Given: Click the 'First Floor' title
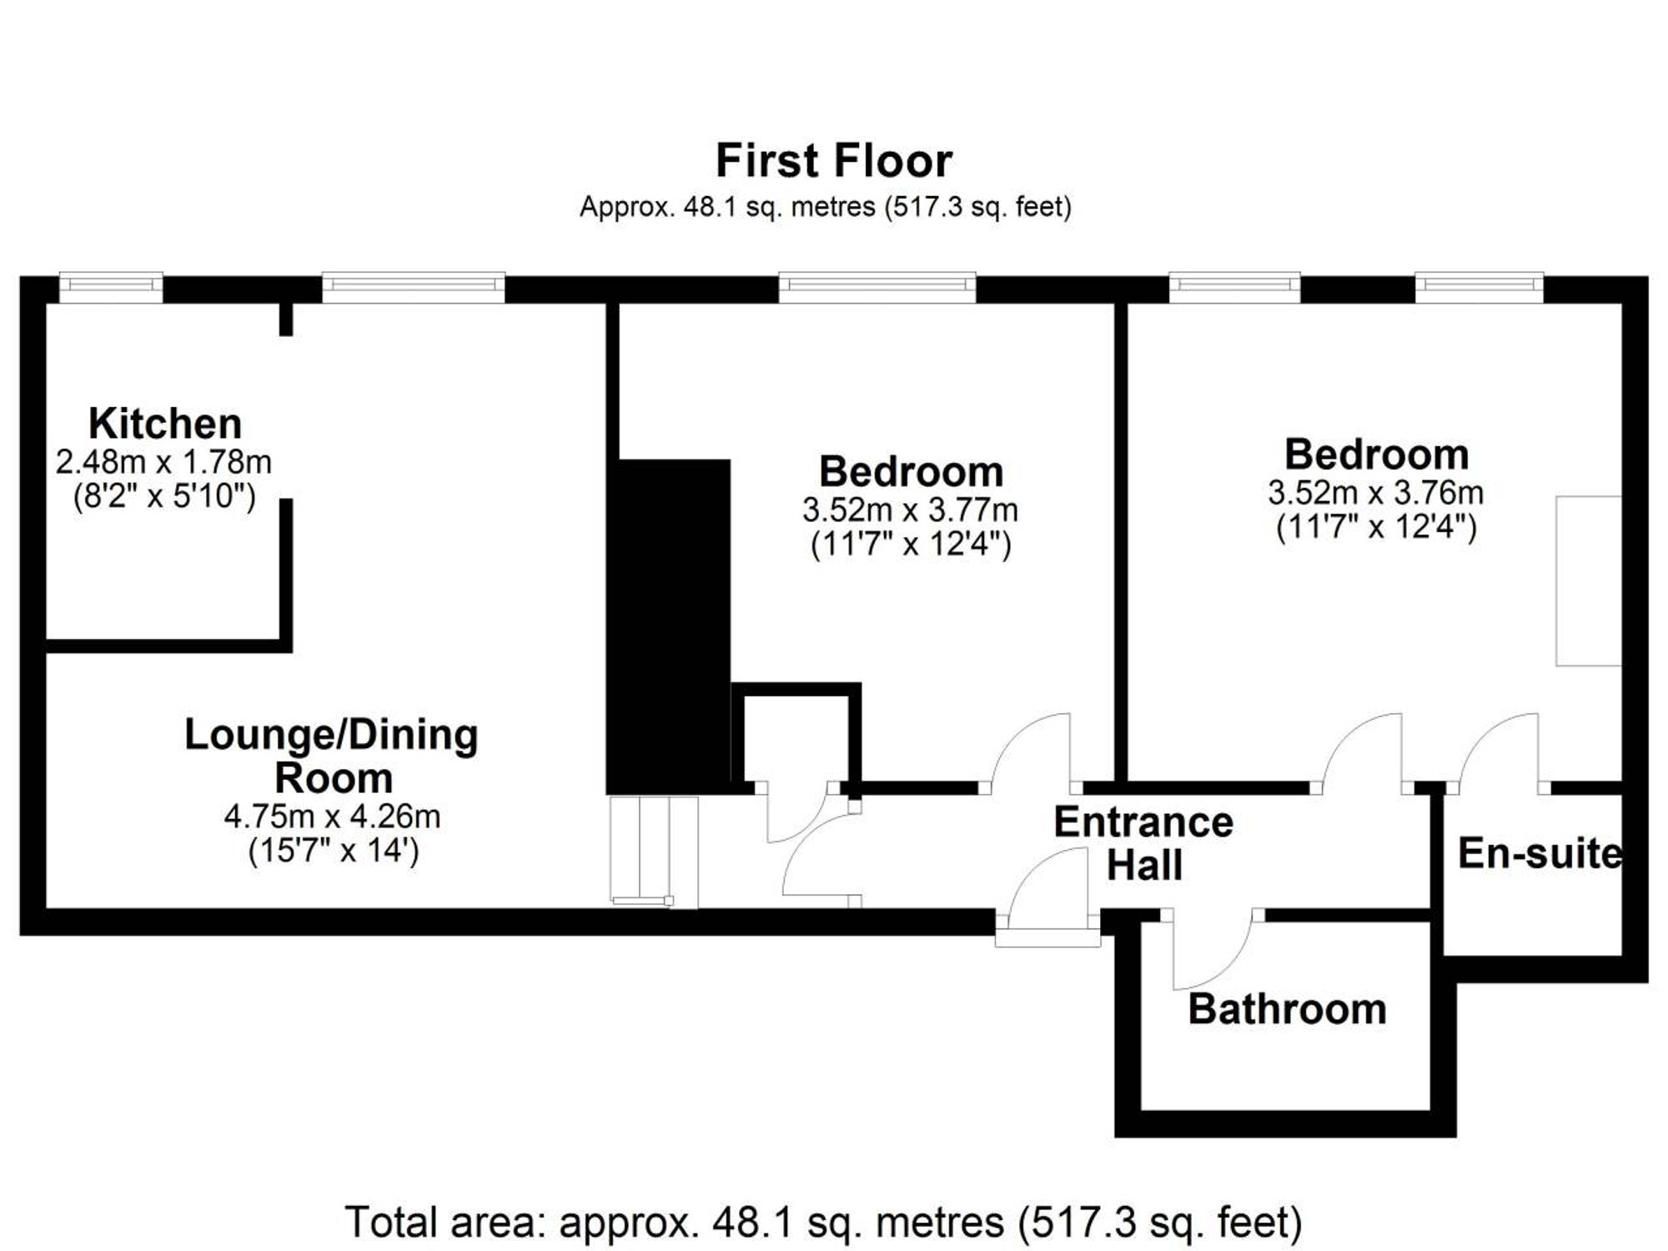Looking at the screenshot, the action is (x=833, y=161).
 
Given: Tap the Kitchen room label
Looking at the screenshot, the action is (x=165, y=424).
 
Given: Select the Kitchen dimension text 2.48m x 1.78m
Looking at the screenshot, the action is (x=163, y=461).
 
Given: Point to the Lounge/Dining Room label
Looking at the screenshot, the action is (x=332, y=756).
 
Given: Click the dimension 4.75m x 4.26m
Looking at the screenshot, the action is (x=332, y=816).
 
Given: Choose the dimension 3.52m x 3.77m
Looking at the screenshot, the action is (x=910, y=510).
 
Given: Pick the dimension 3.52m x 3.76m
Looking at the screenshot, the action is (x=1376, y=493).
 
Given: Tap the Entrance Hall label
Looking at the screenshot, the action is (x=1144, y=843).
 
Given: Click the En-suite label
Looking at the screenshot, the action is (x=1540, y=854).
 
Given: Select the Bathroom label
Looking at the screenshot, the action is (x=1287, y=1009).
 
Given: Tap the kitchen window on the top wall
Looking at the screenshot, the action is (x=111, y=287).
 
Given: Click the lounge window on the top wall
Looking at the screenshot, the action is (x=414, y=287).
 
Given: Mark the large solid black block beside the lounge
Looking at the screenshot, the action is (x=669, y=625).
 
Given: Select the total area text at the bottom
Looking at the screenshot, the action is (x=823, y=1223).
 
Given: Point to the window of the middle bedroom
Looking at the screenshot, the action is (x=877, y=287).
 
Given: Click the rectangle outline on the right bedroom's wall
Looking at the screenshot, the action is (x=1589, y=580).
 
